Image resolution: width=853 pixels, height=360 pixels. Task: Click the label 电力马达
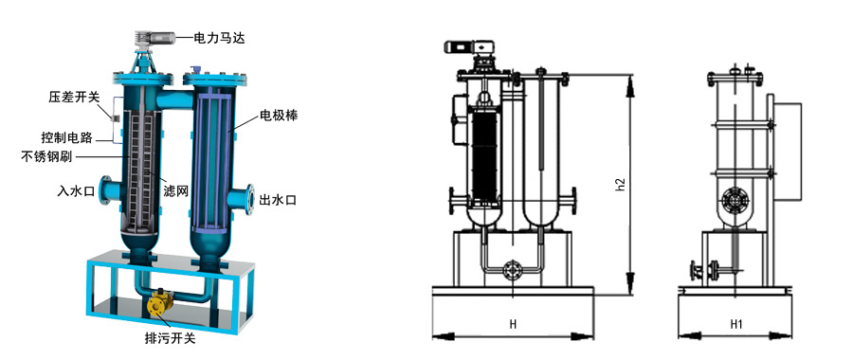click(x=221, y=39)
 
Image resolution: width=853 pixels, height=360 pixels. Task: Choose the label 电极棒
click(x=280, y=118)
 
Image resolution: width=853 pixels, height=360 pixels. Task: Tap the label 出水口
click(x=279, y=200)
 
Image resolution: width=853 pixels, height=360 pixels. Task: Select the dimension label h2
click(x=621, y=183)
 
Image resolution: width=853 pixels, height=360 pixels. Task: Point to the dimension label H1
click(x=736, y=324)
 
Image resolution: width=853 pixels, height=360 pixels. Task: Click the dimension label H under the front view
click(x=513, y=324)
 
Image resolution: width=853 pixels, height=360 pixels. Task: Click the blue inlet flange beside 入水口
click(x=107, y=192)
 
